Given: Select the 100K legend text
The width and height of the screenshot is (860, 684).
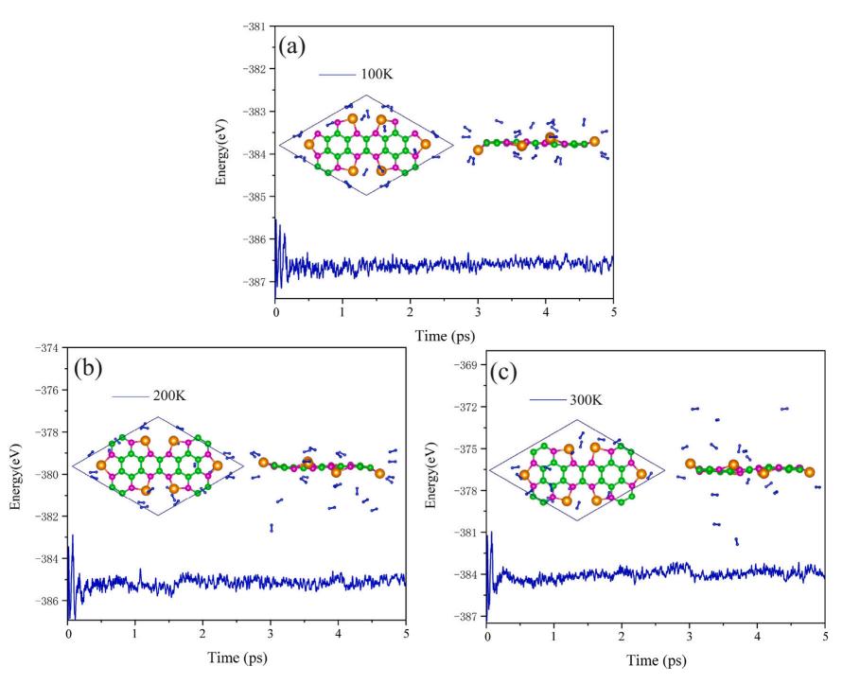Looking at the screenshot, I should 376,74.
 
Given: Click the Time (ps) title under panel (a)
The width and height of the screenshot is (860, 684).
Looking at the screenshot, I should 445,334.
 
